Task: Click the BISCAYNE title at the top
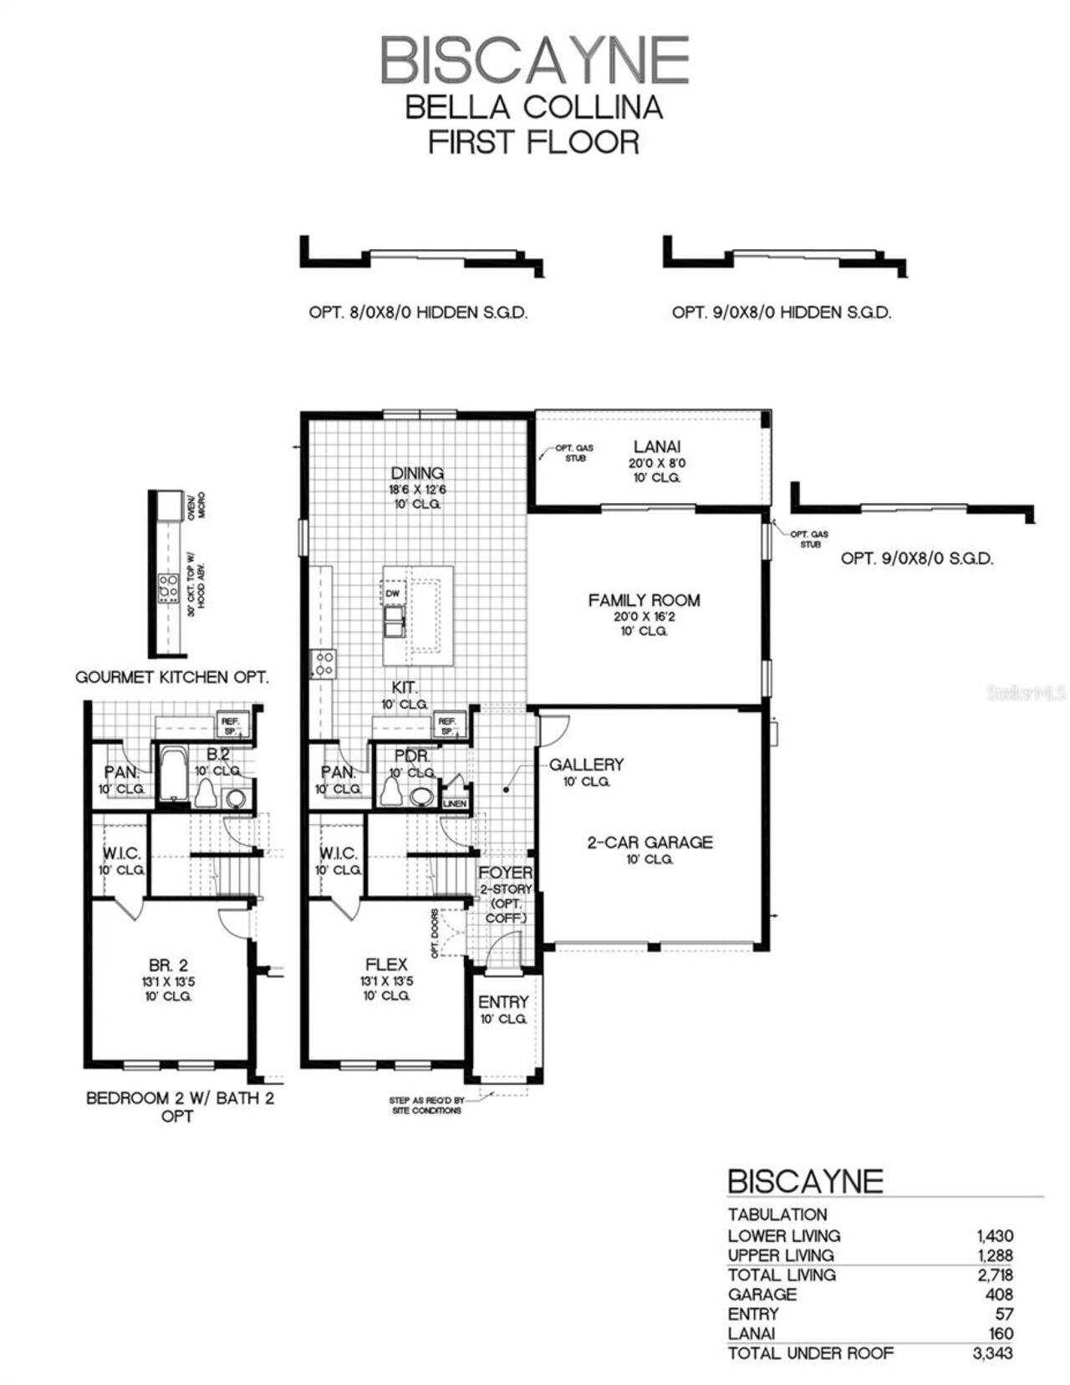coord(534,60)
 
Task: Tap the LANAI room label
coord(656,447)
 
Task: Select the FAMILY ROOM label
coord(644,600)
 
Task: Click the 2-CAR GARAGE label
coord(650,843)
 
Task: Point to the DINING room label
coord(417,474)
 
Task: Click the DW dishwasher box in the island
coord(393,593)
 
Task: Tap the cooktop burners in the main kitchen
coord(324,664)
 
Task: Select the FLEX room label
coord(386,965)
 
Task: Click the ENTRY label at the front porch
coord(503,1001)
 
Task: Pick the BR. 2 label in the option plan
coord(168,965)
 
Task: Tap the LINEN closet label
coord(455,803)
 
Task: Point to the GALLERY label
coord(586,764)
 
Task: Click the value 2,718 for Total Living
coord(994,1275)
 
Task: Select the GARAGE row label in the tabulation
coord(762,1294)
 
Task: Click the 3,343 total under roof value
coord(992,1353)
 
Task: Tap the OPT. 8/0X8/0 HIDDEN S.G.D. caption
coord(418,313)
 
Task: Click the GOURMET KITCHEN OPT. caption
coord(172,677)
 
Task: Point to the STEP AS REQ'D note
coord(426,1105)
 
